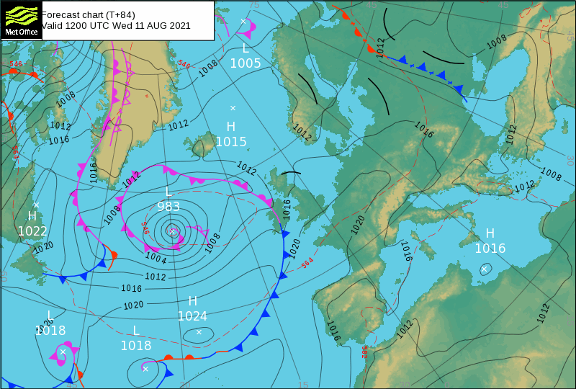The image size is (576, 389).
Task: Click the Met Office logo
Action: coord(20,19)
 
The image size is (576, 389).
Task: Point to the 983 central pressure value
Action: coord(168,207)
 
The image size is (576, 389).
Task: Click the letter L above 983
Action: coord(168,192)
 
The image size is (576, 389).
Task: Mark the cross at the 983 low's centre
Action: coord(173,231)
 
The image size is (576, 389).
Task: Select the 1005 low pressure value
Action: coord(246,63)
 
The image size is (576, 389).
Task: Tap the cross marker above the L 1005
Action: coord(243,22)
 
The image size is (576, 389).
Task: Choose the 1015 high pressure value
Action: coord(231,142)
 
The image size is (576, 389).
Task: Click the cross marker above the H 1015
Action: coord(233,108)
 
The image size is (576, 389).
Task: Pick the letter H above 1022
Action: coord(32,216)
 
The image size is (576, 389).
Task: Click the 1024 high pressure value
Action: coord(192,316)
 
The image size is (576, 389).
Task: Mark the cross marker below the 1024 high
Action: coord(199,332)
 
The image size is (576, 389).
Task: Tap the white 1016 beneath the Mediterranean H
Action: coord(490,249)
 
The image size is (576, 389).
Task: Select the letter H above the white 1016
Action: coord(490,233)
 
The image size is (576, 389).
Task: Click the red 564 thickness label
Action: coord(307,264)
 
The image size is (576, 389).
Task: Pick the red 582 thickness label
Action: coord(365,352)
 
